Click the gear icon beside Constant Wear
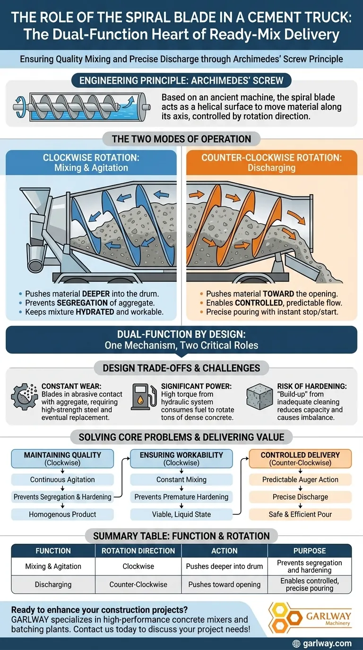click(25, 396)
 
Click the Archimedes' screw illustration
click(82, 106)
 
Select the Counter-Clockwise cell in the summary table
click(138, 584)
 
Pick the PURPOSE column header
click(310, 551)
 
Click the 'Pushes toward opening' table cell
click(224, 584)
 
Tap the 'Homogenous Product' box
click(62, 514)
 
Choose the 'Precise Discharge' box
click(300, 497)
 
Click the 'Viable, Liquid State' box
click(181, 514)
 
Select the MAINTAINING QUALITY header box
click(62, 459)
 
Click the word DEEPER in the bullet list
click(96, 294)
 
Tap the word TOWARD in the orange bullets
click(278, 294)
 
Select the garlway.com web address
click(327, 643)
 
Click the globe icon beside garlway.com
click(296, 643)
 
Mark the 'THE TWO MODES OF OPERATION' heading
click(181, 139)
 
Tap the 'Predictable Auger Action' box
click(300, 479)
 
